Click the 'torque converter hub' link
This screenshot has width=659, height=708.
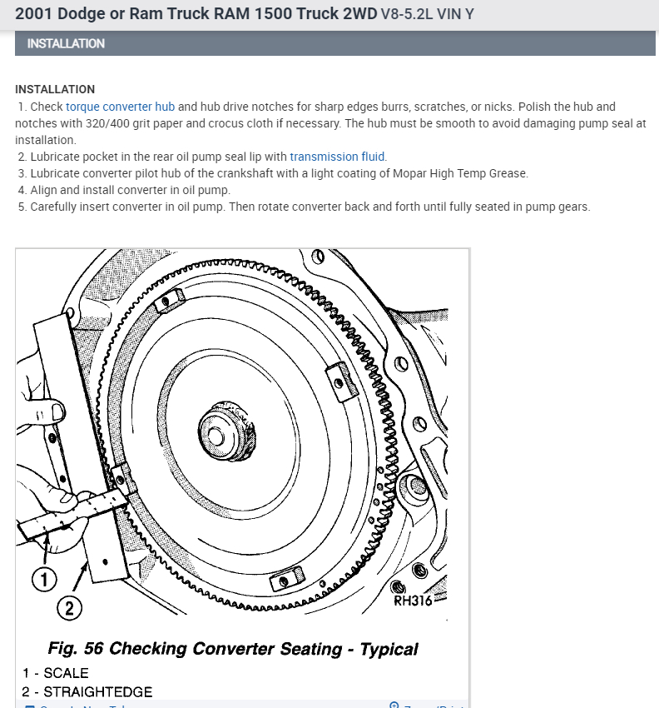pos(120,107)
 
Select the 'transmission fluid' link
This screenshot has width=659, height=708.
pos(338,157)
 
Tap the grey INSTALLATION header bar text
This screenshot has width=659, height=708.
pos(66,43)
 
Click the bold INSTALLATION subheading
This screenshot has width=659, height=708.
pos(55,89)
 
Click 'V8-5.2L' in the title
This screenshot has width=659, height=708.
pos(409,15)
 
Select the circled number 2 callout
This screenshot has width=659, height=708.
pos(70,609)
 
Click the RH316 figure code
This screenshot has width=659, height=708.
pos(413,601)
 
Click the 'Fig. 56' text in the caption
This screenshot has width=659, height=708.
pos(74,648)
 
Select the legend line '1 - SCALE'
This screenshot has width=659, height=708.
pos(55,672)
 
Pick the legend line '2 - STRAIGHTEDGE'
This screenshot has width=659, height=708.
pos(87,691)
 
